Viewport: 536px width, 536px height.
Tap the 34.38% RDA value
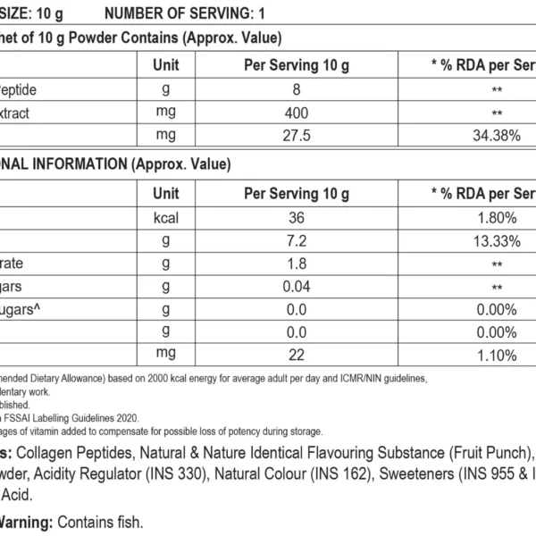pyautogui.click(x=497, y=136)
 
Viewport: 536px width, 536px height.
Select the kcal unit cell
pyautogui.click(x=166, y=217)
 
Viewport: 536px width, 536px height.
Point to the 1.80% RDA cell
pyautogui.click(x=497, y=217)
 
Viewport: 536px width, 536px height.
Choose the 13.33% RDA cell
pyautogui.click(x=497, y=240)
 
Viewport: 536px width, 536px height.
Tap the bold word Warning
pyautogui.click(x=21, y=521)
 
